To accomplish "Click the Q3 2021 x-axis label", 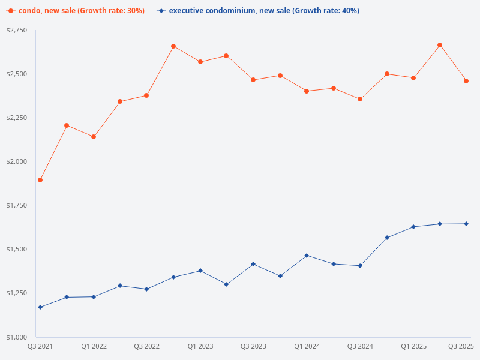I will (x=40, y=346).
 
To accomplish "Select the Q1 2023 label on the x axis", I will (x=200, y=346).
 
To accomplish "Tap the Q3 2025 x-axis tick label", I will (x=461, y=346).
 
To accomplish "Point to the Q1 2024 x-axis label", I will (x=307, y=346).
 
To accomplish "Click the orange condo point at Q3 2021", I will (x=40, y=180).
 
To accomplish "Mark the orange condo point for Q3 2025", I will (x=466, y=81).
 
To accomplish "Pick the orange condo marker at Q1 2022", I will (x=94, y=137).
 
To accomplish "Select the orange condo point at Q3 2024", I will (x=360, y=99).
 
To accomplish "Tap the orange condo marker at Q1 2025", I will (x=413, y=78).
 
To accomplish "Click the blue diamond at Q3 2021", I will (x=40, y=307).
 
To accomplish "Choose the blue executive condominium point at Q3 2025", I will (x=466, y=224).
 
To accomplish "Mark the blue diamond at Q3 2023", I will (x=253, y=264).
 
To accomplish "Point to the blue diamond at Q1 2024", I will (x=307, y=256).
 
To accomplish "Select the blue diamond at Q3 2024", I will (x=360, y=266).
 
